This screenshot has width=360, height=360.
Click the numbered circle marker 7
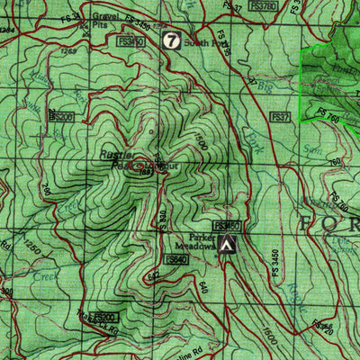(x=171, y=40)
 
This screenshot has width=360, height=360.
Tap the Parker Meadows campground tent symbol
(x=229, y=245)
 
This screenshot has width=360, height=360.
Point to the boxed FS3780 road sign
(x=262, y=5)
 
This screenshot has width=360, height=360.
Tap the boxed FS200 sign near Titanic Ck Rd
(x=105, y=318)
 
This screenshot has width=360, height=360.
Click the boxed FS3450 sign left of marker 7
(x=131, y=41)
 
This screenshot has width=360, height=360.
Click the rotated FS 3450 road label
(x=265, y=262)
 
